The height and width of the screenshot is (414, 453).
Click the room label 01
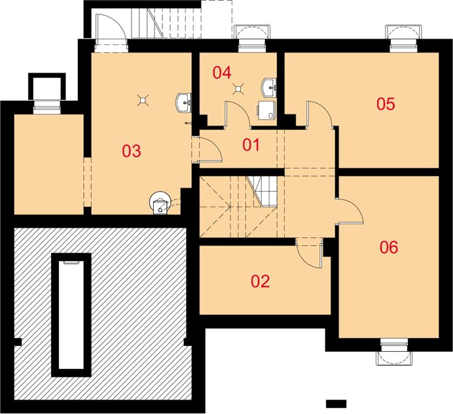(251, 145)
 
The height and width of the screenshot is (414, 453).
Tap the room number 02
(261, 281)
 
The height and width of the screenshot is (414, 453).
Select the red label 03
(132, 150)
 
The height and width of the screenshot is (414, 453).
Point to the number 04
(222, 73)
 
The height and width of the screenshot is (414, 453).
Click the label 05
(386, 104)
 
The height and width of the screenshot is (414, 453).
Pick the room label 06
(389, 247)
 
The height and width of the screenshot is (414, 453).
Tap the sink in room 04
(269, 87)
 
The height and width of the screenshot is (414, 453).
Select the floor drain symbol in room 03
(143, 100)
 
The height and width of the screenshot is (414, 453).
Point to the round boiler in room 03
(159, 203)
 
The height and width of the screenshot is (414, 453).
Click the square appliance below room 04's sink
(266, 110)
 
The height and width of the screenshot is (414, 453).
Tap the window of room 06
(394, 351)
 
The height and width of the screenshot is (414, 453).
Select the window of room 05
(404, 39)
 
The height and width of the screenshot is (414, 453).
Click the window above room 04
(251, 39)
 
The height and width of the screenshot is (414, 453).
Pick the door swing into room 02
(309, 253)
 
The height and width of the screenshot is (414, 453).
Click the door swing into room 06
(350, 211)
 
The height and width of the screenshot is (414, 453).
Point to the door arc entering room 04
(237, 114)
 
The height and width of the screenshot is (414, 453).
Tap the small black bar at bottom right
(336, 404)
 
